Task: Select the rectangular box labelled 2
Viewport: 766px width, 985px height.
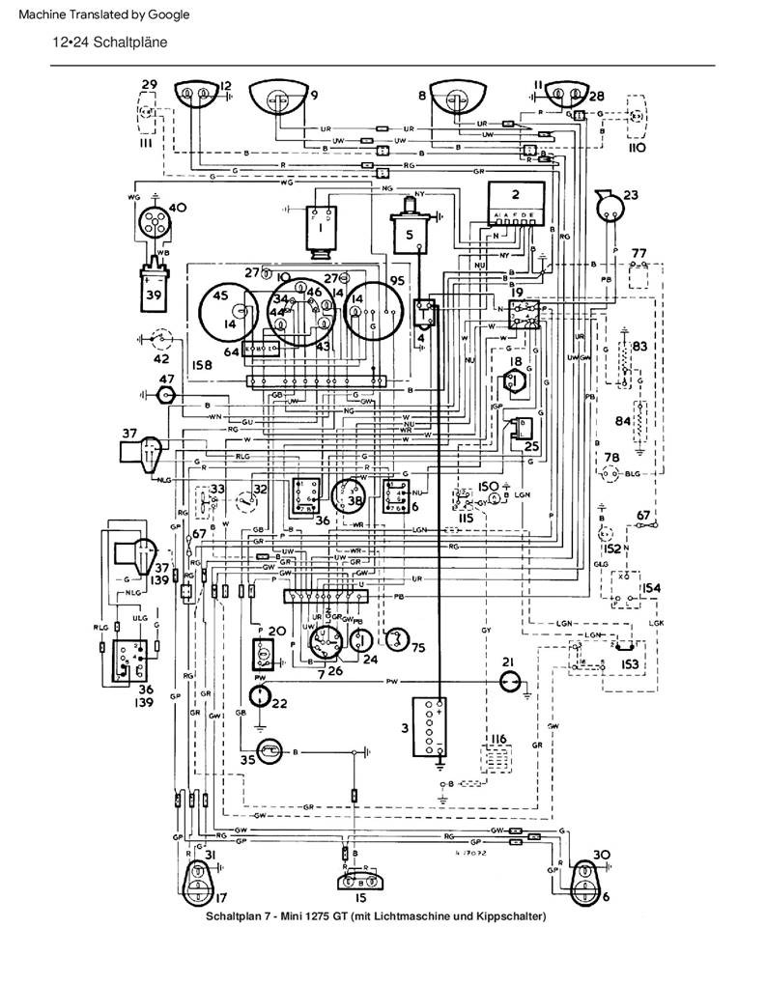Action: [515, 202]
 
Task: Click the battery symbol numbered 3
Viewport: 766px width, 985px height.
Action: [425, 727]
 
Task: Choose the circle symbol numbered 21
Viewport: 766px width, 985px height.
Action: [509, 682]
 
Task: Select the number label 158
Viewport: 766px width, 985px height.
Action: [202, 366]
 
